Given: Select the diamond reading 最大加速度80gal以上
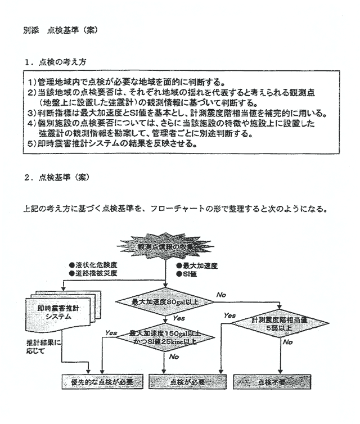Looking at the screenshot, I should [164, 303].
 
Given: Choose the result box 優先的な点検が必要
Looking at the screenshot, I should [101, 381].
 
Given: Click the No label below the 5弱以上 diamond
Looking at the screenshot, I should [288, 342].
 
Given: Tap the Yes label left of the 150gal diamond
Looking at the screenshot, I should [111, 333].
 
